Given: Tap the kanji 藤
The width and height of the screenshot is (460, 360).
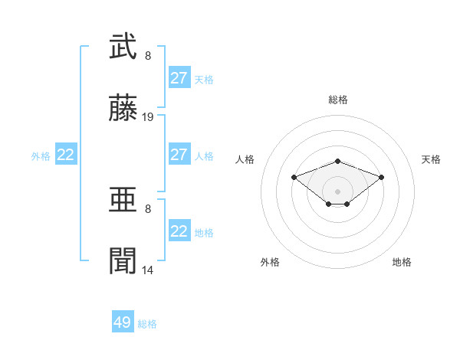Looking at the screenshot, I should (123, 110).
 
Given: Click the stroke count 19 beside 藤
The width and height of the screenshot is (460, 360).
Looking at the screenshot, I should (148, 117).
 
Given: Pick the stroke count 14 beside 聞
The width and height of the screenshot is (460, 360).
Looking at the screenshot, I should (148, 270).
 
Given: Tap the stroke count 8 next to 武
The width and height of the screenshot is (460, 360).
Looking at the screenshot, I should (148, 55).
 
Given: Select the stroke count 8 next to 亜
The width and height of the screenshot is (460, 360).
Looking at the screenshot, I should (148, 207).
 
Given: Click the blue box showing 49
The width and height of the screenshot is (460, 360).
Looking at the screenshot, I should (123, 322).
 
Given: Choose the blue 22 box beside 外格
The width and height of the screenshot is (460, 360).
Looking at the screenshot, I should (66, 155).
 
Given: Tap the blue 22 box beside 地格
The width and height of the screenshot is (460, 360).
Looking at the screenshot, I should (179, 231).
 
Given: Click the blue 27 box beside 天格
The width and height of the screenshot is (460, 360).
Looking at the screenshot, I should (179, 78).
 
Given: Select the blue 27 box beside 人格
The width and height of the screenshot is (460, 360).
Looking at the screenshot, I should (179, 155).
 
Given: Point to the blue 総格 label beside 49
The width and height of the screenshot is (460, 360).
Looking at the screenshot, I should (147, 324).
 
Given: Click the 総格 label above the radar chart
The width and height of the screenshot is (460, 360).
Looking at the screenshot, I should (338, 100).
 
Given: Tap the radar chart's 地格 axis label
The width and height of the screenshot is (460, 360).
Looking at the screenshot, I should (402, 262).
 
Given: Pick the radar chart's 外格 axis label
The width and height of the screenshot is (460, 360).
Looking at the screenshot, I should (270, 262).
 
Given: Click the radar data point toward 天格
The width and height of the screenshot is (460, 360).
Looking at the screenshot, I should (381, 177).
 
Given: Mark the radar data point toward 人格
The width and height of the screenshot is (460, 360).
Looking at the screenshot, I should (294, 177).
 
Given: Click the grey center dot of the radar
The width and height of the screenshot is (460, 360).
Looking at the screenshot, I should (337, 191).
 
